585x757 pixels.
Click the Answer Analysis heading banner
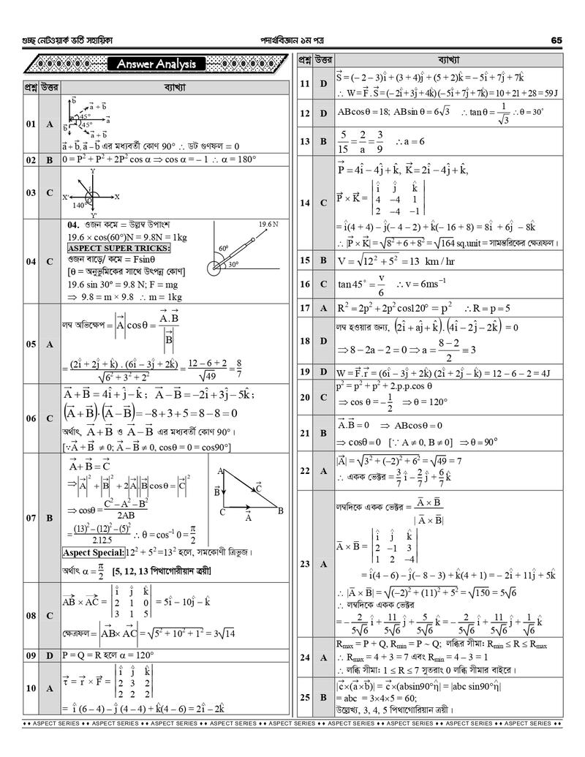click(156, 65)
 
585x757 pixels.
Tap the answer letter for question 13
click(323, 140)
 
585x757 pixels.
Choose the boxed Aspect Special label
click(94, 552)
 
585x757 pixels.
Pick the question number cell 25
click(305, 697)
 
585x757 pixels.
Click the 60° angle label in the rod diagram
click(224, 249)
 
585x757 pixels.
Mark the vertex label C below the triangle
click(222, 512)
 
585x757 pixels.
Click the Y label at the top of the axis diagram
click(93, 171)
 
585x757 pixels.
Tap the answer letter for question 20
click(323, 397)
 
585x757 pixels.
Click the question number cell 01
click(31, 124)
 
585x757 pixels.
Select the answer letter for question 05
click(50, 343)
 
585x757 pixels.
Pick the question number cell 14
click(305, 202)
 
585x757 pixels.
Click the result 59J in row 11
click(546, 93)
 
